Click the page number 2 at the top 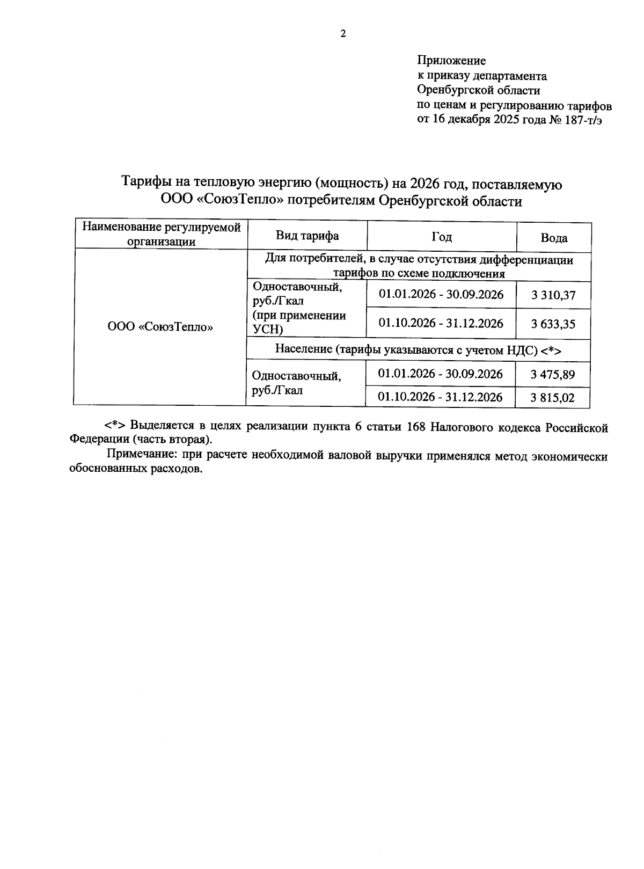[343, 34]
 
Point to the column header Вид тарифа [307, 236]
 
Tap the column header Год [441, 237]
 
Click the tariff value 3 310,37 [553, 295]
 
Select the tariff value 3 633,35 [553, 324]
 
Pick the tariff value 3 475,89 [552, 375]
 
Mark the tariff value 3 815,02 [552, 398]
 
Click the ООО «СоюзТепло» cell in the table [160, 326]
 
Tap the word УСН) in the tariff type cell [267, 329]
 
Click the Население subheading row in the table [418, 349]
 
